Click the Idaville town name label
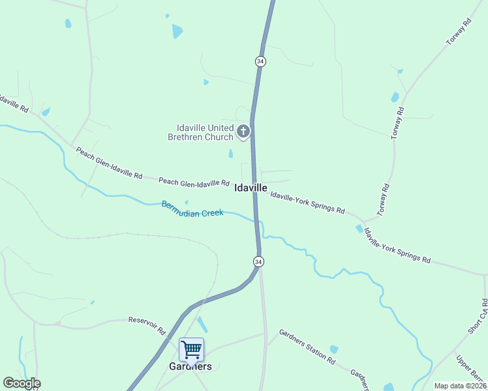click(251, 188)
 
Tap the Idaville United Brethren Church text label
click(205, 132)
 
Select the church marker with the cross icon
click(243, 132)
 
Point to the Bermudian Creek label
click(192, 209)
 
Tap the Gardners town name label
click(191, 366)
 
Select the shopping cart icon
click(191, 349)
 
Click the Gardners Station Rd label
click(307, 347)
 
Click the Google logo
click(22, 383)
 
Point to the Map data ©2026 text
click(460, 386)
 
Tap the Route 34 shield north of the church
click(260, 61)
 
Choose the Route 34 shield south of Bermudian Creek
click(258, 261)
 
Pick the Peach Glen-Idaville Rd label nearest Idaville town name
click(194, 182)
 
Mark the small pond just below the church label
click(230, 154)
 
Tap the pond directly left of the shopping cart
click(203, 324)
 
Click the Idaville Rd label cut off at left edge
click(13, 102)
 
